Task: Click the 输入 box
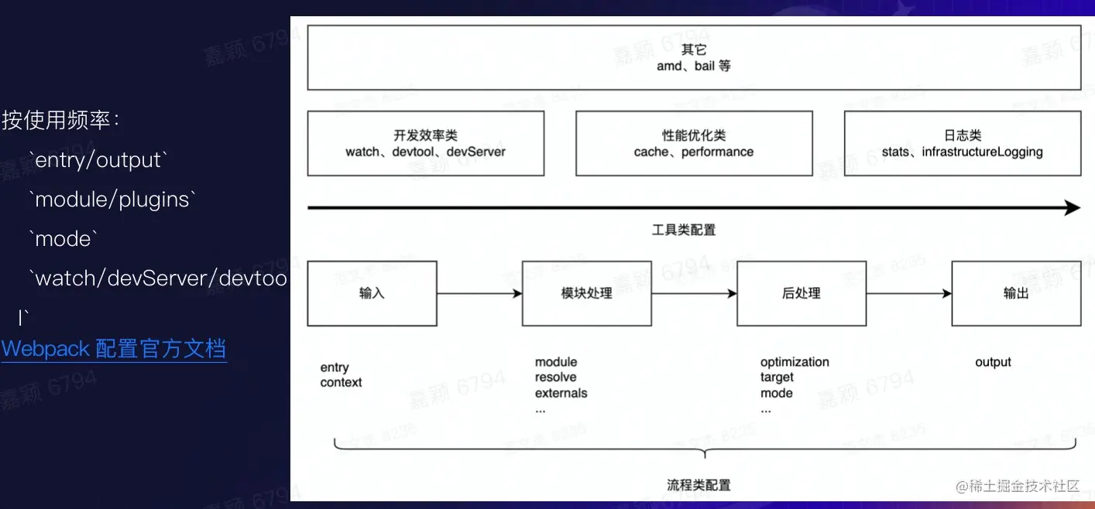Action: pos(372,293)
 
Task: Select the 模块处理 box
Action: pos(586,293)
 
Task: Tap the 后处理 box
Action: pos(801,293)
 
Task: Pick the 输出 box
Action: pos(1015,293)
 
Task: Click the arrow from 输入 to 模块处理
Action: pos(479,293)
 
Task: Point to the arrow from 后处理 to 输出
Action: pos(908,293)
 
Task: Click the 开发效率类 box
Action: pos(425,143)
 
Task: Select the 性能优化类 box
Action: pos(694,143)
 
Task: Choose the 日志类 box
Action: pos(962,143)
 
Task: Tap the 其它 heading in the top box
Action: pos(694,50)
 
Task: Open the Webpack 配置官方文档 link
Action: pos(114,349)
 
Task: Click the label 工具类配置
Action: pos(684,230)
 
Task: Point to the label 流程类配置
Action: pos(699,485)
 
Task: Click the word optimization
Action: pos(795,362)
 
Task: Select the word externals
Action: pos(561,393)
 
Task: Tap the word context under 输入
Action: pos(341,382)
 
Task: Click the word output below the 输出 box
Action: pos(993,362)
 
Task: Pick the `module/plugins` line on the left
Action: pos(112,200)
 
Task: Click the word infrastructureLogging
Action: pos(982,152)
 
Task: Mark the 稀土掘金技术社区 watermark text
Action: pos(1025,486)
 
